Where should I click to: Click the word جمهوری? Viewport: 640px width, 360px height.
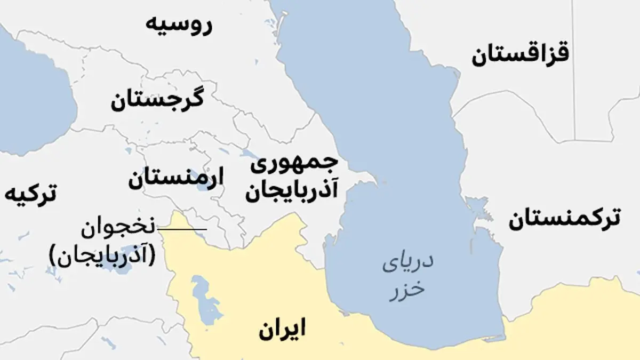[295, 165]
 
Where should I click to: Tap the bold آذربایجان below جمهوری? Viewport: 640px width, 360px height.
[291, 192]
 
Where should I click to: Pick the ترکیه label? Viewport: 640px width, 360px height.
[30, 195]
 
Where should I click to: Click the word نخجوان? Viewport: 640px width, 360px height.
[117, 229]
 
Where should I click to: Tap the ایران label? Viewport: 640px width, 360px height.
[282, 329]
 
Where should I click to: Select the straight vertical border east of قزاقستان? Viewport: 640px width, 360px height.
[575, 69]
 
